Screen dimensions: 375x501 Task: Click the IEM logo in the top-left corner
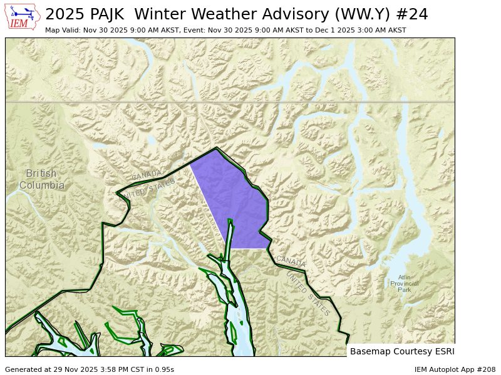point(23,16)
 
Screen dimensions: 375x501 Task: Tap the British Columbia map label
point(41,179)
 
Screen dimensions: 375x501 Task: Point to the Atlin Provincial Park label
point(404,284)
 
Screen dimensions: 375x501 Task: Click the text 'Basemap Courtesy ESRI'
point(402,351)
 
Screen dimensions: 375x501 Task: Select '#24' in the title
point(412,14)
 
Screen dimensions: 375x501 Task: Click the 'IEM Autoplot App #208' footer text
point(455,369)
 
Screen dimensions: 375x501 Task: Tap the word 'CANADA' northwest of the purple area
point(147,175)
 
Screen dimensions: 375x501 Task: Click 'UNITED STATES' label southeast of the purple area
point(307,294)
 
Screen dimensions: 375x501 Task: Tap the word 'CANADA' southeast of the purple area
point(291,261)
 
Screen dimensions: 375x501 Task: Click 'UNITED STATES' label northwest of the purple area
point(149,189)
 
